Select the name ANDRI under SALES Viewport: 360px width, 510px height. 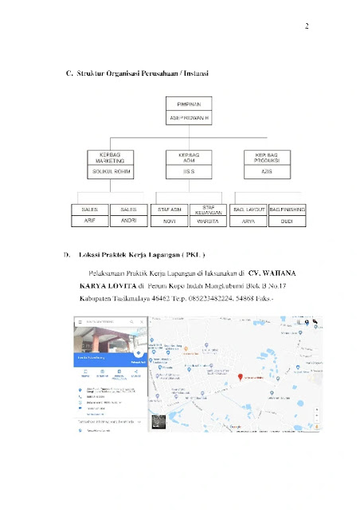pyautogui.click(x=129, y=221)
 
